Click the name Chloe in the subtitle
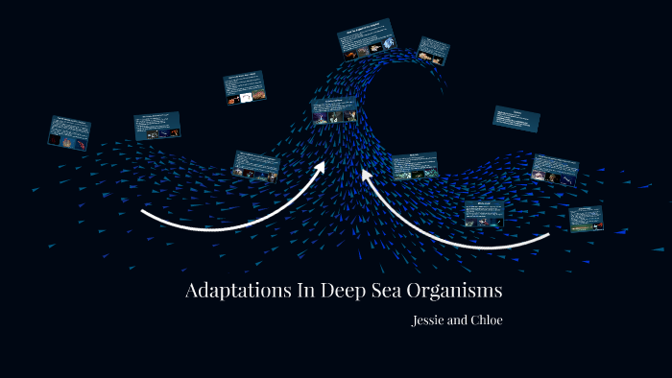485,320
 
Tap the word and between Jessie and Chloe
456,320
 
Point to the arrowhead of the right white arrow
367,176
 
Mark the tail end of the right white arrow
548,234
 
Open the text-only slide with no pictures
516,119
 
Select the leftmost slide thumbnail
69,132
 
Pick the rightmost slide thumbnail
586,218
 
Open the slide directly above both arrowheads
334,111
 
